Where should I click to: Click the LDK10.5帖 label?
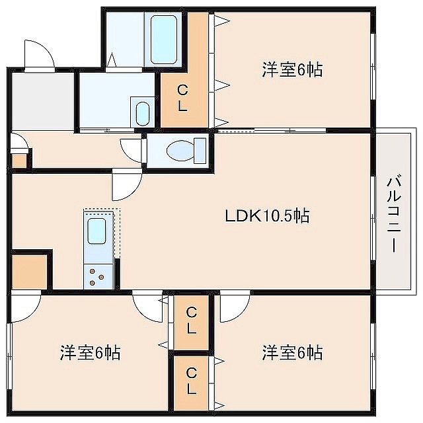[x=267, y=215]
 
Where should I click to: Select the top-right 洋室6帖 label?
[x=292, y=69]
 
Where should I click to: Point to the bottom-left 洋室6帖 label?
[x=90, y=352]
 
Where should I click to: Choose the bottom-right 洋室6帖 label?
[x=292, y=352]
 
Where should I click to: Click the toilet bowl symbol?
[x=186, y=151]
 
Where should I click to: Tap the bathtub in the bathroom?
[x=164, y=40]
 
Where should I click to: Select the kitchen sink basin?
[x=96, y=231]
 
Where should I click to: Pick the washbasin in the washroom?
[x=143, y=114]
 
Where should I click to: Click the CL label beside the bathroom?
[x=182, y=98]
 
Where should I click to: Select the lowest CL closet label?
[x=192, y=381]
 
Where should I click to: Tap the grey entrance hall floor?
[x=43, y=101]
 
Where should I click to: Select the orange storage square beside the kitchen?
[x=30, y=272]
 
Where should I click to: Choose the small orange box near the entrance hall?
[x=19, y=161]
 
